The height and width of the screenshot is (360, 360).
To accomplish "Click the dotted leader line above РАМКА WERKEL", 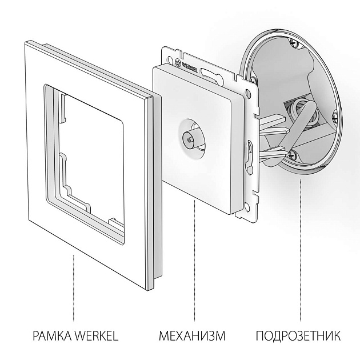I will [x=73, y=286].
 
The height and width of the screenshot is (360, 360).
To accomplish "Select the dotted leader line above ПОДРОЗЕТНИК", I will [x=300, y=251].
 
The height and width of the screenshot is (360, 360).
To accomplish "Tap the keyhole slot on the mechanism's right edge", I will [x=249, y=154].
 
